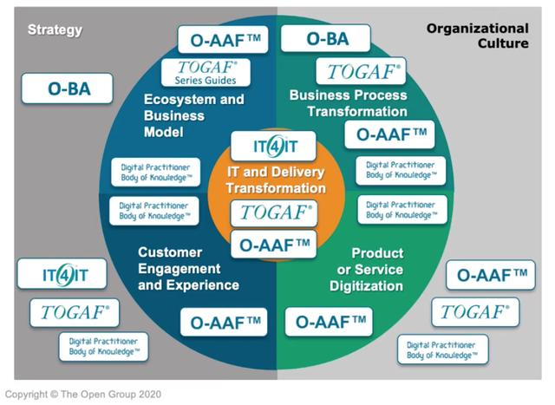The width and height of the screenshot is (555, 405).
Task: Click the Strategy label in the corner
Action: click(55, 30)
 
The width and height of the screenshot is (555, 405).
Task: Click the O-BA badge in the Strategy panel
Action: click(68, 88)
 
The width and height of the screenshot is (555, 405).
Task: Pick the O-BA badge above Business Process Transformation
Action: click(326, 38)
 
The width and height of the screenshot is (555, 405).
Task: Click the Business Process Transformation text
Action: click(349, 103)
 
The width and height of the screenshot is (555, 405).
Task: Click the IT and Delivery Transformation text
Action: click(277, 180)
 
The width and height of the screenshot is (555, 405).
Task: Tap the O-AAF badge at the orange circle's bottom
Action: click(274, 244)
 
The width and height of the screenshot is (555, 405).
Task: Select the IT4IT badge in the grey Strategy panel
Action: click(64, 276)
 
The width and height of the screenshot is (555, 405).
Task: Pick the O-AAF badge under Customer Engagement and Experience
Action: click(221, 321)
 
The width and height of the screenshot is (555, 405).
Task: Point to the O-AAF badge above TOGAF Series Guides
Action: click(220, 39)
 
